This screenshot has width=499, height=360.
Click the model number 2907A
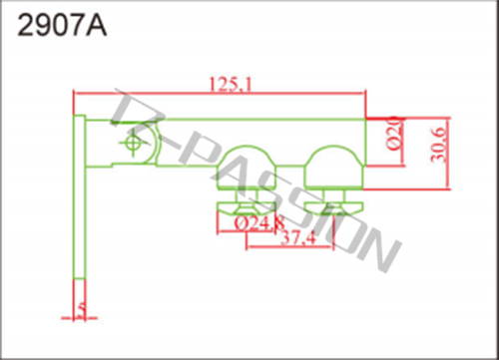[62, 26]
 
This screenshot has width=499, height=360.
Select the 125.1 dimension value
[231, 84]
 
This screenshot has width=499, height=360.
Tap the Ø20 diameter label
[394, 133]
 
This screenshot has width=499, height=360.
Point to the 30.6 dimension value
[438, 145]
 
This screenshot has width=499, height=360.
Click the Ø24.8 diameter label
[259, 223]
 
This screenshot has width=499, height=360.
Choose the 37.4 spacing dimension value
[298, 237]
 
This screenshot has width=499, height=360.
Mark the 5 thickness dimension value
[81, 310]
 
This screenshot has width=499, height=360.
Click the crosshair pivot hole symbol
[133, 143]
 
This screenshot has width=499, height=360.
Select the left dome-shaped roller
[247, 168]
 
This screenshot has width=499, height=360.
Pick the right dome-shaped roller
[334, 168]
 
